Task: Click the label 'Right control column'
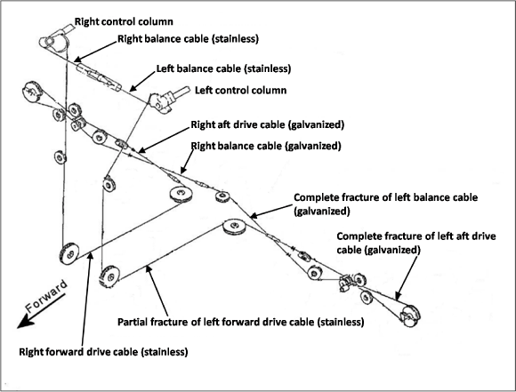124,21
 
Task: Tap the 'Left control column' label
240,90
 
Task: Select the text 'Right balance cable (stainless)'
188,39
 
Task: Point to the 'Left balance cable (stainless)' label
223,68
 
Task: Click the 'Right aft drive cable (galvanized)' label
268,125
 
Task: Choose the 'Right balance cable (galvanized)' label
266,146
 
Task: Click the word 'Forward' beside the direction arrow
46,296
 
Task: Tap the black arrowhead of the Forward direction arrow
25,321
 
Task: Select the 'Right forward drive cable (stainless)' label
103,352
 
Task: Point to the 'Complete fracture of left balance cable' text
386,197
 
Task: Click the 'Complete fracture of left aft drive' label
416,236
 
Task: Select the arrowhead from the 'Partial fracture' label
149,269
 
